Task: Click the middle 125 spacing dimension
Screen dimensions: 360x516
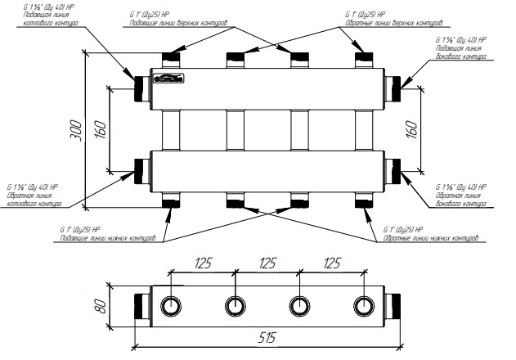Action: coord(266,264)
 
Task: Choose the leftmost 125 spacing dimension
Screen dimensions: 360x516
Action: coord(202,264)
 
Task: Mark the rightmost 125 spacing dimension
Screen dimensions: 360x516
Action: coord(330,264)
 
